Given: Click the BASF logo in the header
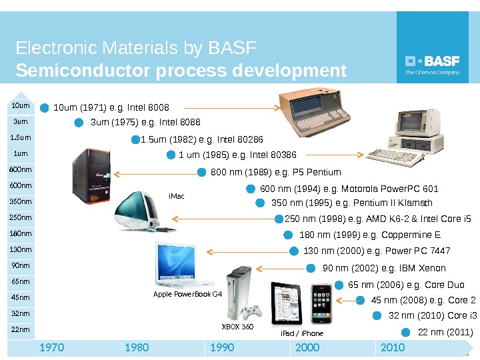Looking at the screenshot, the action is pyautogui.click(x=433, y=65).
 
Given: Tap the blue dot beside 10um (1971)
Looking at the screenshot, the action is pyautogui.click(x=45, y=107).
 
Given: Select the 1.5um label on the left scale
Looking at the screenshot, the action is pyautogui.click(x=21, y=138).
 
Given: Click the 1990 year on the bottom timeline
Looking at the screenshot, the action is pyautogui.click(x=222, y=347).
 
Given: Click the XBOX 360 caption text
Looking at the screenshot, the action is pyautogui.click(x=237, y=327).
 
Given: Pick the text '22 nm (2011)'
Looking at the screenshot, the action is pyautogui.click(x=445, y=332).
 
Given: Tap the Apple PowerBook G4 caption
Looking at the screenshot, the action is pyautogui.click(x=187, y=294).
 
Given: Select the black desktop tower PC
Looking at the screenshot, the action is pyautogui.click(x=91, y=175).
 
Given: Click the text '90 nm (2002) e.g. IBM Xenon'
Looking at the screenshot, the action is pyautogui.click(x=384, y=268).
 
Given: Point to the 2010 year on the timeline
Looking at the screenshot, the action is pyautogui.click(x=393, y=347).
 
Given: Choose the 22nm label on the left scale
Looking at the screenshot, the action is pyautogui.click(x=21, y=329).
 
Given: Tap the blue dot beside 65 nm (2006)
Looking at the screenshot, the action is pyautogui.click(x=339, y=285).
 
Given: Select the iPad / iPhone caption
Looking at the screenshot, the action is pyautogui.click(x=302, y=333).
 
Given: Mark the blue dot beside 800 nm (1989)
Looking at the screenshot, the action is pyautogui.click(x=203, y=172).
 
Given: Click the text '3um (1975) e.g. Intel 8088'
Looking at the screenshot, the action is pyautogui.click(x=145, y=123).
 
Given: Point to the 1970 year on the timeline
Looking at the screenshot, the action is pyautogui.click(x=52, y=347).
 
